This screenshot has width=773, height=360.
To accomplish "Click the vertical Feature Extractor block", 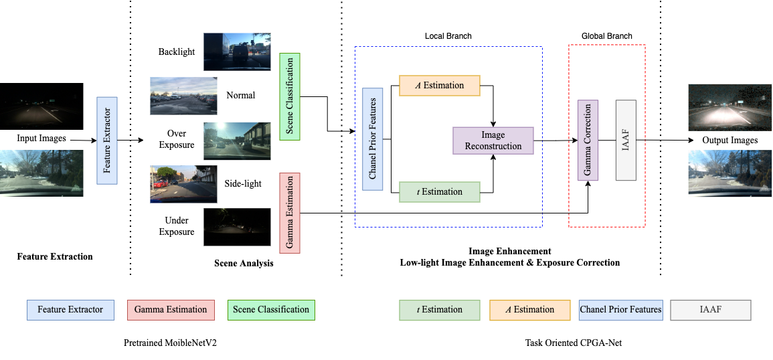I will tap(107, 141).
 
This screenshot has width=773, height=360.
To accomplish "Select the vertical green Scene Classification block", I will tap(290, 96).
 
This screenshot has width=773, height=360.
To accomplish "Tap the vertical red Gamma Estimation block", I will tap(290, 213).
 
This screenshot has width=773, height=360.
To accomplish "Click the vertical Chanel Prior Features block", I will tap(373, 139).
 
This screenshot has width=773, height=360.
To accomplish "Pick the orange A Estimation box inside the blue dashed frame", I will tap(440, 86).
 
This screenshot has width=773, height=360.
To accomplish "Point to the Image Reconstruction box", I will tap(493, 141).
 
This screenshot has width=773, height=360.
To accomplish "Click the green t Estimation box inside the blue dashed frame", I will tap(440, 192).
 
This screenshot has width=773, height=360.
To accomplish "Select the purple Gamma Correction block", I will tap(588, 141).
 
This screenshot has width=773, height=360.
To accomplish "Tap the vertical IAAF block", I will tap(625, 141).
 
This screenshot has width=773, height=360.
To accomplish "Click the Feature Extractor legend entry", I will tap(70, 310).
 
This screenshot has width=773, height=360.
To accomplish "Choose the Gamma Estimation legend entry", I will tap(171, 310).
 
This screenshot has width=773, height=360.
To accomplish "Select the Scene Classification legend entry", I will tap(271, 310).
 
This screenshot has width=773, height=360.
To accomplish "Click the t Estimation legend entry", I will tap(440, 310).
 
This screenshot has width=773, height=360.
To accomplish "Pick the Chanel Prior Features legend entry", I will tap(620, 310).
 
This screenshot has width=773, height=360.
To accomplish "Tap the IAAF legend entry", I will tap(710, 310).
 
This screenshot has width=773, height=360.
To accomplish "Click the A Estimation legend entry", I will tap(529, 310).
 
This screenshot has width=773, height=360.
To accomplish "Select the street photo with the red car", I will tap(183, 183).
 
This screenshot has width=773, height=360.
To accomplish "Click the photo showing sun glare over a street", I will tap(237, 140).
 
